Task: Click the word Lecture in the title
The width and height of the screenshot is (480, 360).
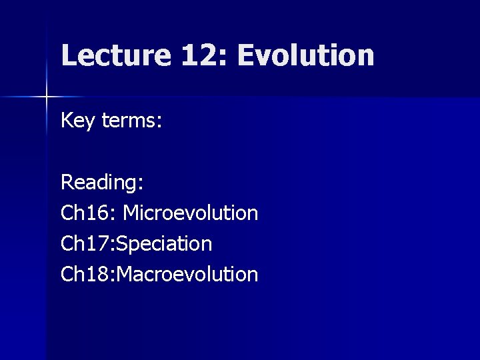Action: click(x=115, y=55)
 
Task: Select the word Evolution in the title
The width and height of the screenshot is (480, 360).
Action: click(x=305, y=55)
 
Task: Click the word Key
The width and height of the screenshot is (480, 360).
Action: click(x=77, y=122)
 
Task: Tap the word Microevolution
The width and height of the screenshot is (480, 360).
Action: click(x=191, y=213)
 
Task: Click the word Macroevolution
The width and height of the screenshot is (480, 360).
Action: click(x=188, y=273)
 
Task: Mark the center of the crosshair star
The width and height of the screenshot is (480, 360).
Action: click(x=47, y=97)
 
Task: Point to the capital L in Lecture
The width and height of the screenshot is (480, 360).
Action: click(x=68, y=55)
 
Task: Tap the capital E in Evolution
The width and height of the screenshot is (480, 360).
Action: click(x=245, y=55)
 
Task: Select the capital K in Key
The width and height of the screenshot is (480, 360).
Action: click(x=67, y=121)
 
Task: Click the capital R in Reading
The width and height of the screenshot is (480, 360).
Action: click(x=67, y=181)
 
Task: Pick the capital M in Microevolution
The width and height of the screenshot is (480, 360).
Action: click(x=132, y=213)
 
